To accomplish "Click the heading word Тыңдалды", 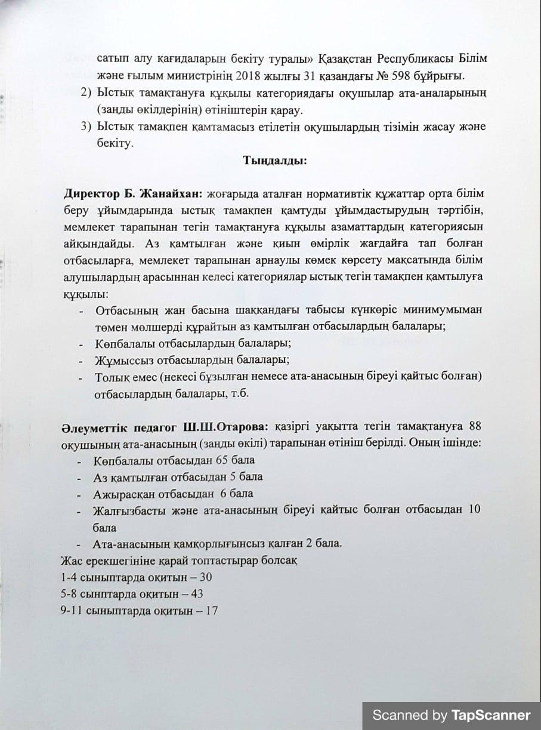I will tap(275, 160).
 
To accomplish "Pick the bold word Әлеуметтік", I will tap(88, 427).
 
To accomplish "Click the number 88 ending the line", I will tap(475, 427).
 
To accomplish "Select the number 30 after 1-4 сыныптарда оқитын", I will tap(206, 577).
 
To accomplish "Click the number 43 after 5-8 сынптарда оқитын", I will tap(197, 594).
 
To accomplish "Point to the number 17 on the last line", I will tap(211, 611).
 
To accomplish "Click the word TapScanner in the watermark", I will tap(490, 715).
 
